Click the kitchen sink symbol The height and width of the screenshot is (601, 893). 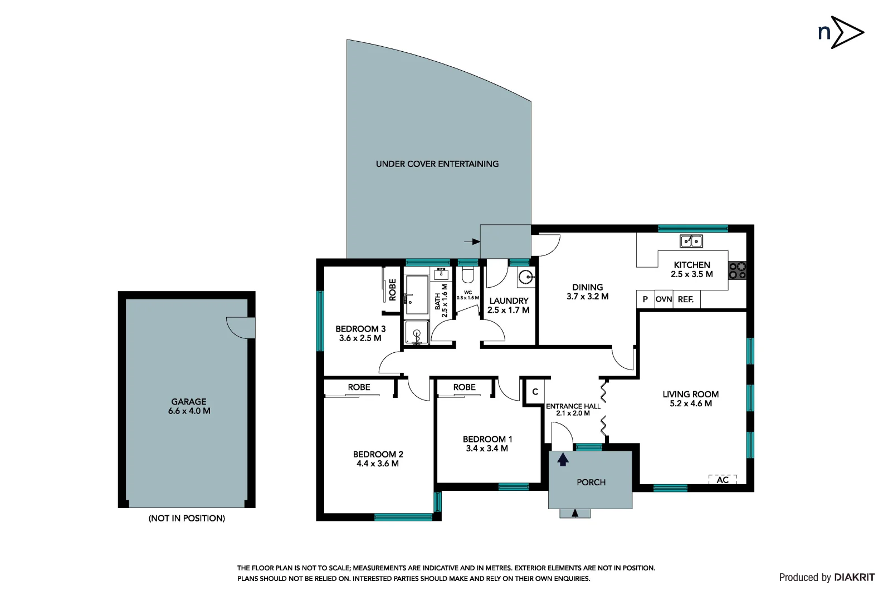(x=691, y=241)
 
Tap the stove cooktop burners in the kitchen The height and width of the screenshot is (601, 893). (x=737, y=270)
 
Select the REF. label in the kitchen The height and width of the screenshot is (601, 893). (x=686, y=299)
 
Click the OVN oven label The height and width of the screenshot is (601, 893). (x=663, y=299)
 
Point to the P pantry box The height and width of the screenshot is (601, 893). (x=645, y=299)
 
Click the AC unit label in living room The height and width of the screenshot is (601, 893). (x=723, y=480)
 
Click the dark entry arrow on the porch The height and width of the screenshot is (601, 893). (x=563, y=459)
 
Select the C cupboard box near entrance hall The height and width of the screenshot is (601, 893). (x=535, y=392)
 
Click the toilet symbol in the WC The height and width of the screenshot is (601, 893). (x=467, y=274)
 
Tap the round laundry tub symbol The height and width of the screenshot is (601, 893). (x=525, y=277)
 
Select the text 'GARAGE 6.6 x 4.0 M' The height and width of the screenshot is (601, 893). (x=189, y=406)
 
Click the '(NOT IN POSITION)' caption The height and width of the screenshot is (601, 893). (x=187, y=518)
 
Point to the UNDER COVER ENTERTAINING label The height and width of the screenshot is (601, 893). (x=437, y=164)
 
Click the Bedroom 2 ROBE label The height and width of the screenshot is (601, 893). (x=359, y=387)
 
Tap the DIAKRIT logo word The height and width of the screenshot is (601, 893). (x=855, y=578)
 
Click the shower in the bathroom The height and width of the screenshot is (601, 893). (x=416, y=333)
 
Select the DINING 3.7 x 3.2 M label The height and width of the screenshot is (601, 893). (x=587, y=292)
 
